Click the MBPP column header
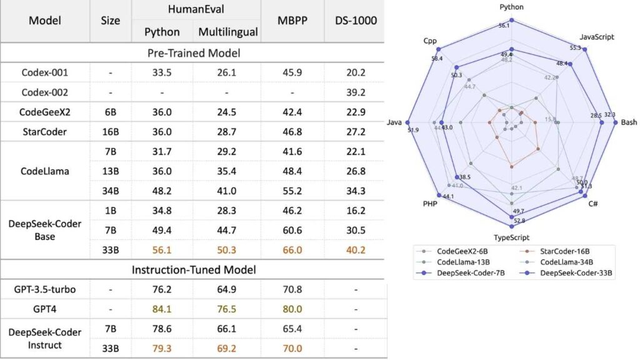click(291, 21)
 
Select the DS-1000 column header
click(356, 21)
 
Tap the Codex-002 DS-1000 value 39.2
click(356, 92)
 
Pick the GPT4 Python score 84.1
click(162, 309)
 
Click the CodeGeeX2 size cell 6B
click(110, 112)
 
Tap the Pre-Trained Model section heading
click(194, 52)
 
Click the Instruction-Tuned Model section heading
click(194, 271)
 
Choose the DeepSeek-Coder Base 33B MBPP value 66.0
click(291, 250)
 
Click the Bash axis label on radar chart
click(628, 122)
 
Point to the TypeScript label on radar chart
click(512, 237)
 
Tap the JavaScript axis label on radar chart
click(597, 37)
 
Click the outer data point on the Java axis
click(408, 122)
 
